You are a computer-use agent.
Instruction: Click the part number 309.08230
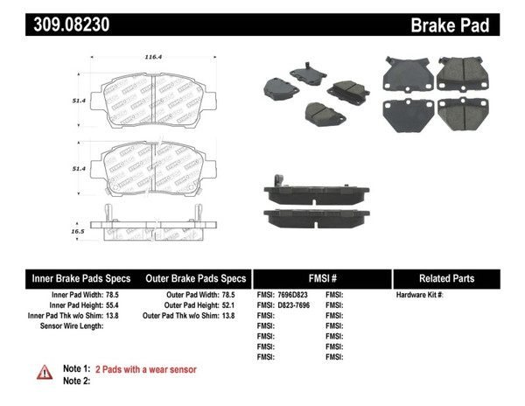pyautogui.click(x=71, y=24)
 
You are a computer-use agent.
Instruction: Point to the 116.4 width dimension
pyautogui.click(x=153, y=58)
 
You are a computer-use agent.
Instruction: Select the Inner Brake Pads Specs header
pyautogui.click(x=78, y=278)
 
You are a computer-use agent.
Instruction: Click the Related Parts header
pyautogui.click(x=446, y=278)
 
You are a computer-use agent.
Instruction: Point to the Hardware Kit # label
pyautogui.click(x=420, y=295)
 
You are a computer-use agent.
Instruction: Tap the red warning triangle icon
pyautogui.click(x=44, y=372)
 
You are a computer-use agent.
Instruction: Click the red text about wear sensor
pyautogui.click(x=145, y=369)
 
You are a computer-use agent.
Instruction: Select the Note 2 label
pyautogui.click(x=77, y=381)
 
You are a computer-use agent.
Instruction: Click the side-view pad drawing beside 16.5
pyautogui.click(x=154, y=222)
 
